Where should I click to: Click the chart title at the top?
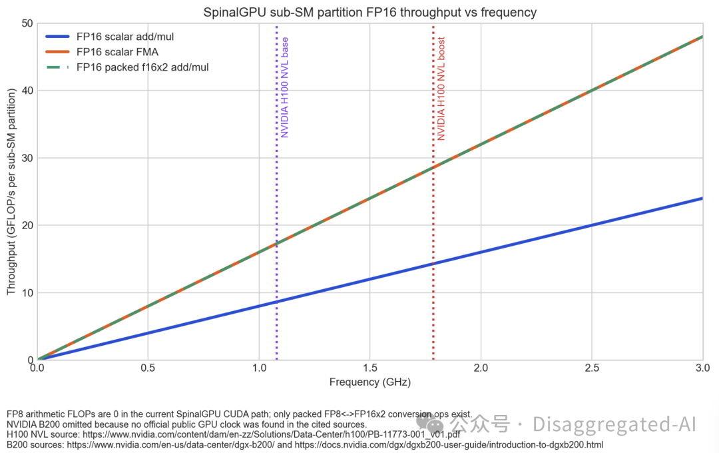369,13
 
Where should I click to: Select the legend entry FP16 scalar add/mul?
126,36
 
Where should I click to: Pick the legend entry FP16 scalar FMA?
117,51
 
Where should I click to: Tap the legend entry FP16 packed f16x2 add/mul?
142,67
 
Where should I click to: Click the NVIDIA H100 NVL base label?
285,87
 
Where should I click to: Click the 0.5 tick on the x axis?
148,368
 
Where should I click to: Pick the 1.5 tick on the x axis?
369,368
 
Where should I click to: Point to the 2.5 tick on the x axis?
591,368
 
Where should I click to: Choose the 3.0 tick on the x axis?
702,368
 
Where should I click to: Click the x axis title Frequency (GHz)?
369,382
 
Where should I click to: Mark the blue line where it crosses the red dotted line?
433,264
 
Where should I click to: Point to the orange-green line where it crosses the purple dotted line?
277,244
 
